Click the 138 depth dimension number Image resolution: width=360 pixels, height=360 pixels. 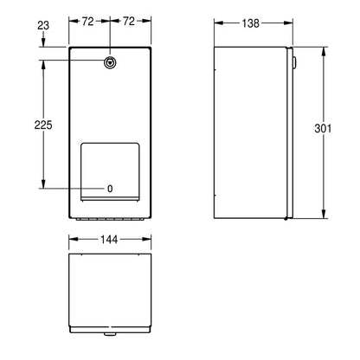click(x=250, y=23)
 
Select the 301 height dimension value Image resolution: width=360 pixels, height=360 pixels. click(x=323, y=128)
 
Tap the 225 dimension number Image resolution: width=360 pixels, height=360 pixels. click(x=43, y=125)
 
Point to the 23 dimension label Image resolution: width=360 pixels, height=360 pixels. click(x=43, y=25)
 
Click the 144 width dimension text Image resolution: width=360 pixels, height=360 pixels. click(x=109, y=240)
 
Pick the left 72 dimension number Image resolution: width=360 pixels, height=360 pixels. click(x=88, y=21)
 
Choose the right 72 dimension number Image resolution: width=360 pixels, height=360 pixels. click(x=129, y=21)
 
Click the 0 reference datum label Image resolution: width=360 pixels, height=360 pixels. click(x=110, y=189)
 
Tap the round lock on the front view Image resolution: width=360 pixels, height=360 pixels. click(x=110, y=61)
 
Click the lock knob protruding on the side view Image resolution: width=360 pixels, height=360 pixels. click(x=294, y=62)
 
